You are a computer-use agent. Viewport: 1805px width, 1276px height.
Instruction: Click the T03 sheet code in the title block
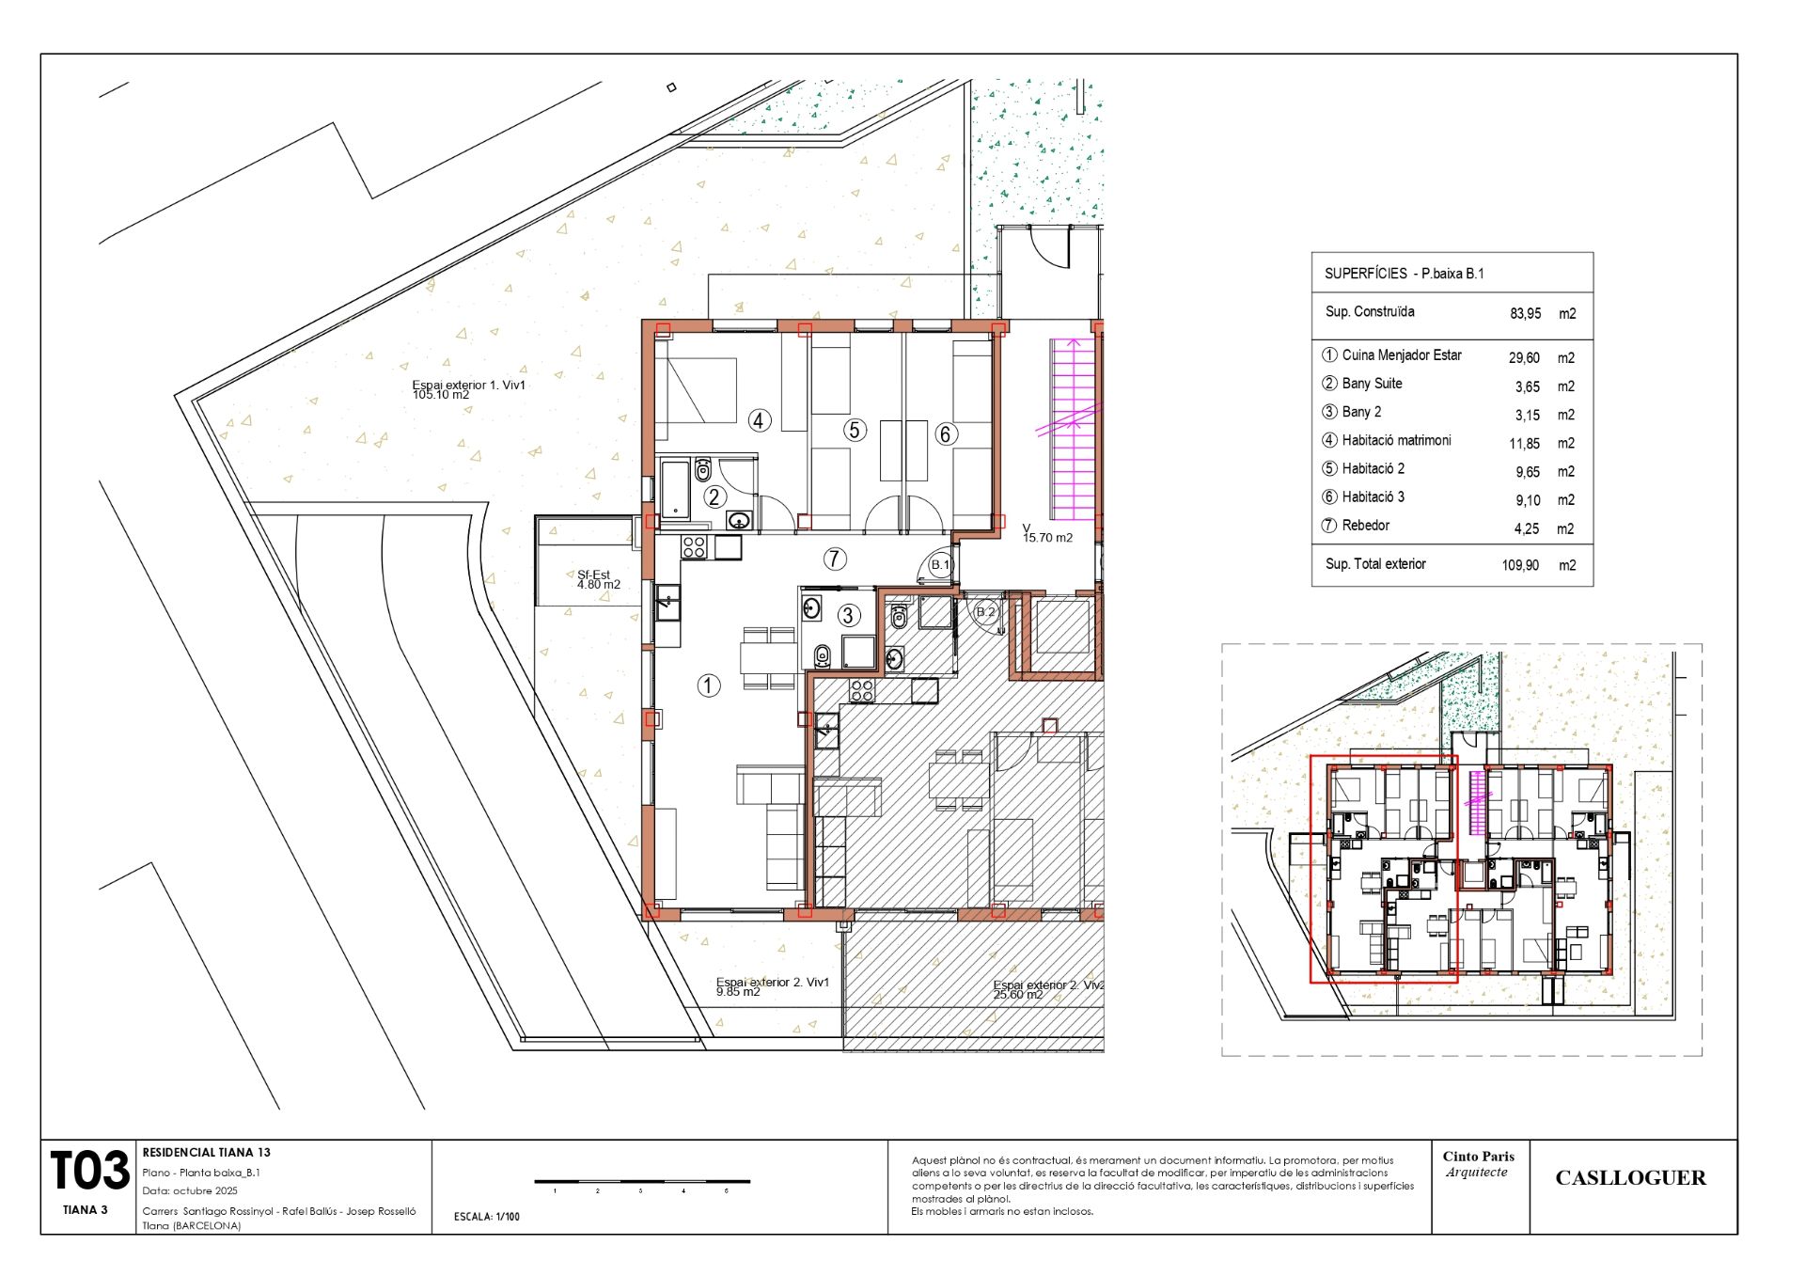click(x=89, y=1171)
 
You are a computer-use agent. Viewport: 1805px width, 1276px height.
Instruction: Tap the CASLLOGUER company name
click(x=1630, y=1178)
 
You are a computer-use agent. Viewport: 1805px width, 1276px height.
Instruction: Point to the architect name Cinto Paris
click(x=1479, y=1157)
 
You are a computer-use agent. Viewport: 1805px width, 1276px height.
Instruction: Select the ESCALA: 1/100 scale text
click(x=486, y=1217)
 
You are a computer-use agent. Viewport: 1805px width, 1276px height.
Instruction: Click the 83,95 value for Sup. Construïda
click(x=1526, y=314)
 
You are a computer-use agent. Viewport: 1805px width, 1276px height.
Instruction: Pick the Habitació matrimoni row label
click(x=1396, y=440)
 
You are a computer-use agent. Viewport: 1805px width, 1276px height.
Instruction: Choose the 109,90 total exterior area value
click(x=1520, y=565)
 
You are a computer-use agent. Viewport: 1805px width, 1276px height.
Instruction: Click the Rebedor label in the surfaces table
click(x=1365, y=526)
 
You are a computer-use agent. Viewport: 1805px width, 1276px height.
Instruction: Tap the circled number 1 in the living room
click(x=709, y=685)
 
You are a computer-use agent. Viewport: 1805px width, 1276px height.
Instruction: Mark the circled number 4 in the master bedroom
click(x=760, y=420)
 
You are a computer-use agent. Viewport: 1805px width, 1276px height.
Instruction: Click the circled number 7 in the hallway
click(x=835, y=559)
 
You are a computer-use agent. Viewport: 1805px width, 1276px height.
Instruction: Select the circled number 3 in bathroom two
click(x=849, y=615)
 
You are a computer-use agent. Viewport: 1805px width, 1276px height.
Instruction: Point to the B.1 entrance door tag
click(x=940, y=565)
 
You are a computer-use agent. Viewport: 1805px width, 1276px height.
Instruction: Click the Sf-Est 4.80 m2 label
click(x=599, y=579)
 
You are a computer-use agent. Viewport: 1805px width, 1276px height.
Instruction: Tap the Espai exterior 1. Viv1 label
click(x=469, y=389)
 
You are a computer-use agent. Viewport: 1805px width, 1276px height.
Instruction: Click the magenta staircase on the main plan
click(x=1073, y=429)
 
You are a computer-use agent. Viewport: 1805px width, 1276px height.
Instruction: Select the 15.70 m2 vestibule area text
click(x=1047, y=538)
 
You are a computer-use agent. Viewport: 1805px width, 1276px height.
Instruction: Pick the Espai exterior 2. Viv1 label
click(x=773, y=986)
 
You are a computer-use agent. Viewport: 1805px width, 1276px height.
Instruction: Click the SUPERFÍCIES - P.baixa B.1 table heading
click(x=1404, y=274)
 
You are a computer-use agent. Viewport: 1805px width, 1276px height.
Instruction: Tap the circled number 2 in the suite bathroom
click(x=714, y=497)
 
